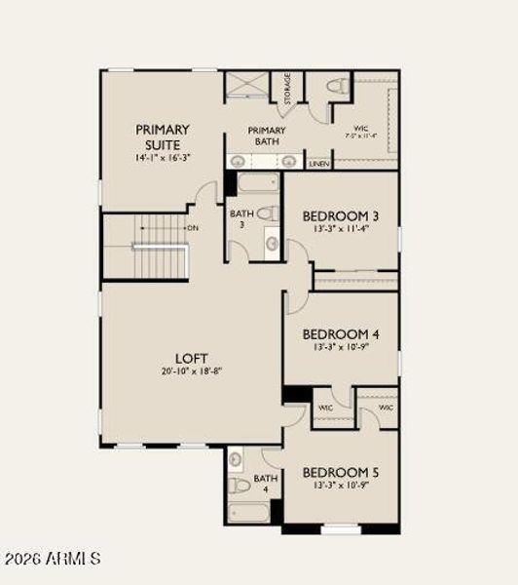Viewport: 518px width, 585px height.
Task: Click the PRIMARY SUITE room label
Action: pyautogui.click(x=162, y=136)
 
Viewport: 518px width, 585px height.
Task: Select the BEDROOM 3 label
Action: pyautogui.click(x=340, y=215)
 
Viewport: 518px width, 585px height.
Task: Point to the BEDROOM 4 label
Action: pyautogui.click(x=340, y=333)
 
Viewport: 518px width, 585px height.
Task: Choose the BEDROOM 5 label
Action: pyautogui.click(x=340, y=472)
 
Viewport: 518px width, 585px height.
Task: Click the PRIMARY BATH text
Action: pyautogui.click(x=266, y=136)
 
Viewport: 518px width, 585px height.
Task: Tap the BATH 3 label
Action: pyautogui.click(x=241, y=218)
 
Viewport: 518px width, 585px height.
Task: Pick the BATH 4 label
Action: pyautogui.click(x=266, y=484)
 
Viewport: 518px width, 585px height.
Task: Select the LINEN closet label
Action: pyautogui.click(x=318, y=165)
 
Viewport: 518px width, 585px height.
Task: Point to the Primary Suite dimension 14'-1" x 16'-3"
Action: pyautogui.click(x=163, y=158)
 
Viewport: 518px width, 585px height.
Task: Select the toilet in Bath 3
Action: pyautogui.click(x=269, y=214)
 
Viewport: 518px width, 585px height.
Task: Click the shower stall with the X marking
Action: pyautogui.click(x=247, y=85)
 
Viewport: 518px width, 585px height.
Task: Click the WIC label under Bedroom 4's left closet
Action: pyautogui.click(x=325, y=407)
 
